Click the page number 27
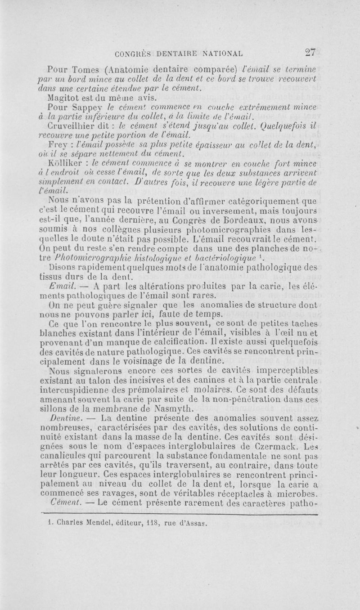(x=310, y=52)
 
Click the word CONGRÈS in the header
(x=135, y=54)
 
